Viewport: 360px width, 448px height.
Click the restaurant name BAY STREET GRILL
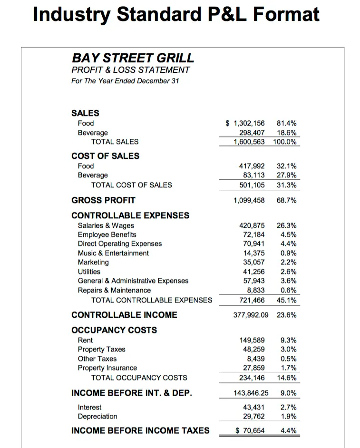[133, 58]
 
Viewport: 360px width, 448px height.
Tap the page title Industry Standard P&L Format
[176, 14]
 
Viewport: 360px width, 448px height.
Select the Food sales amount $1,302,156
[245, 123]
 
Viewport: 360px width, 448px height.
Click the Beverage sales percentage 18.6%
[286, 133]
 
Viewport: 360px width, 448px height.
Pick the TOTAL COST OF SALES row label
[132, 185]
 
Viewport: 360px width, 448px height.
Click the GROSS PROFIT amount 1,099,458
[249, 200]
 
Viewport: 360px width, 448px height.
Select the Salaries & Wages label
[106, 225]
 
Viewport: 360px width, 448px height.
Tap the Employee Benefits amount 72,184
[253, 234]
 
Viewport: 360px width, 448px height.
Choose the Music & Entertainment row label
[113, 253]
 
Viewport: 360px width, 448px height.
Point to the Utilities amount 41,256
[253, 272]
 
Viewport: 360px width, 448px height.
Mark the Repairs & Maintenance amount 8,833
[256, 290]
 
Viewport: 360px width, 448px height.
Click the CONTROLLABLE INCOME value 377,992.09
[251, 315]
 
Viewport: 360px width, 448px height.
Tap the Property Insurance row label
[107, 368]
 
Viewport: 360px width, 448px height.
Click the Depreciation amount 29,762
[253, 416]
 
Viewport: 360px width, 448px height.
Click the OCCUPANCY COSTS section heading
[114, 330]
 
